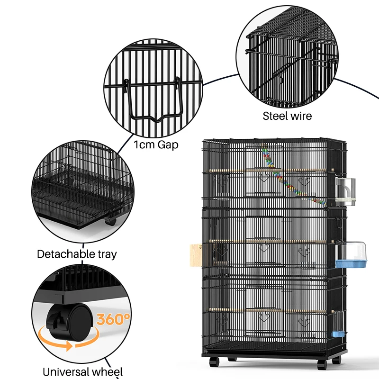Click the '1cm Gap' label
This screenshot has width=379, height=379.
click(156, 144)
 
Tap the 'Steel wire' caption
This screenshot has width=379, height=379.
click(288, 116)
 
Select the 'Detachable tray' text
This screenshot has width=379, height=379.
click(77, 254)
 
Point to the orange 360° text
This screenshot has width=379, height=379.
click(113, 319)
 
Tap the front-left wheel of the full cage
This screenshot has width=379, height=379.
click(214, 361)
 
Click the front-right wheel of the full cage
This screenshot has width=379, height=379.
click(322, 364)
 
